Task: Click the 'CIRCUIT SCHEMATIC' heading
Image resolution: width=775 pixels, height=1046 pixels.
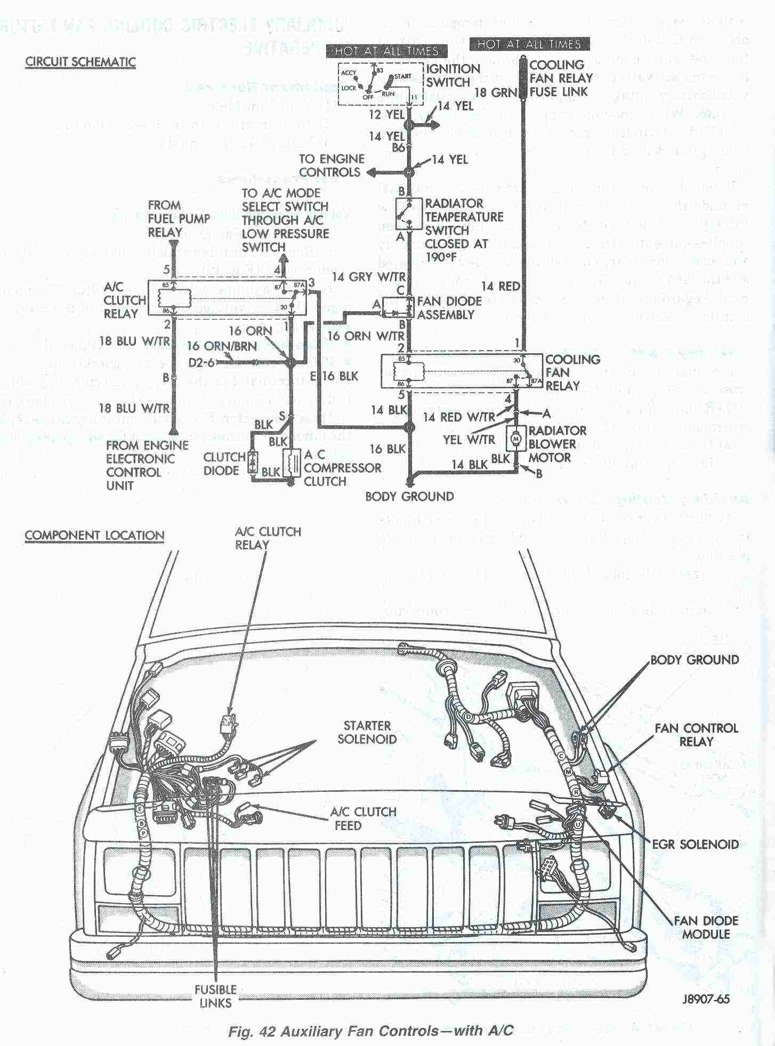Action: coord(80,62)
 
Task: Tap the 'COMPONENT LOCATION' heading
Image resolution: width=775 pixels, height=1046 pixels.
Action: coord(94,536)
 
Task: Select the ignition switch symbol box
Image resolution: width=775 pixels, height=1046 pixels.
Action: coord(380,84)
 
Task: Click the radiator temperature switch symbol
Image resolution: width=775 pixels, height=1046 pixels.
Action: coord(409,214)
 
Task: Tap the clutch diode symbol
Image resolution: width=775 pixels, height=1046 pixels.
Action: coord(253,462)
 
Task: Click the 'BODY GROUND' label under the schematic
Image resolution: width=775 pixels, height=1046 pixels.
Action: coord(409,497)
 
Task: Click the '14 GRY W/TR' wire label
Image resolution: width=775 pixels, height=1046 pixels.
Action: coord(368,277)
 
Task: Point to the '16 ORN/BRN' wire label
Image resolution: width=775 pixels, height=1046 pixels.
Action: coord(222,346)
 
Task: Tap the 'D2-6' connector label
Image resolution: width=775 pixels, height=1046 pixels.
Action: coord(201,363)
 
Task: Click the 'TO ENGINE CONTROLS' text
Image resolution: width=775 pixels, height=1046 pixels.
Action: coord(331,165)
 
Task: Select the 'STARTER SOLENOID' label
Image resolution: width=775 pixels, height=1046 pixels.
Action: coord(367,732)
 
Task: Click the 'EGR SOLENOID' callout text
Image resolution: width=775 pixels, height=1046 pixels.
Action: coord(695,844)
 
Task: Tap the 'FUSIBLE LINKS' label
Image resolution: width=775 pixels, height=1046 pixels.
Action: coord(215,996)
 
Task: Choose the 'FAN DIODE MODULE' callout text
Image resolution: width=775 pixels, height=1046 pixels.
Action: coord(706,927)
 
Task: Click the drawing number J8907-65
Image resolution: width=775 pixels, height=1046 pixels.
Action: coord(705,999)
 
